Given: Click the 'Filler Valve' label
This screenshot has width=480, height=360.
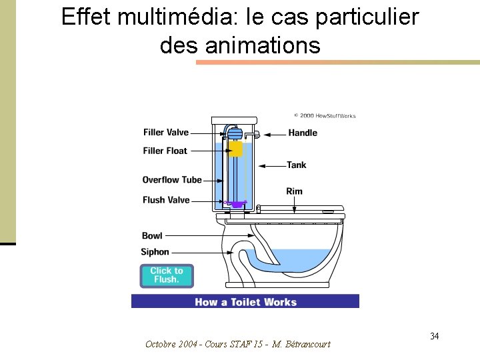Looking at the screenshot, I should pyautogui.click(x=166, y=133).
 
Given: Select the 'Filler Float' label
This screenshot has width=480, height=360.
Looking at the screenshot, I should pyautogui.click(x=165, y=151).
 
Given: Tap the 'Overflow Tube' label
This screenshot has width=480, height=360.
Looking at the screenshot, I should pyautogui.click(x=171, y=180).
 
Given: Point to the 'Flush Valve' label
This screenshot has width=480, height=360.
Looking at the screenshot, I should pyautogui.click(x=166, y=200).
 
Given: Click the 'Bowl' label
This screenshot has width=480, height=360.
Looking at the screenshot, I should pyautogui.click(x=152, y=235).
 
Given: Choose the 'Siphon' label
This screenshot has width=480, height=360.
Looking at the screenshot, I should pyautogui.click(x=155, y=252).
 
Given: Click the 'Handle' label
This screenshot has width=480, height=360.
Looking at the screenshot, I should pyautogui.click(x=303, y=133).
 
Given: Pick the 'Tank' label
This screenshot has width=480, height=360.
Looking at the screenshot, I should pyautogui.click(x=297, y=165).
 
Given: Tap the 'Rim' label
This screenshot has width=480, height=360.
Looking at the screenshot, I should pyautogui.click(x=294, y=191).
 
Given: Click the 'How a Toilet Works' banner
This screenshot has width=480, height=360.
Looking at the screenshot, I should pyautogui.click(x=245, y=302).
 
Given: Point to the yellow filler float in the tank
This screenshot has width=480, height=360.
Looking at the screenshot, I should pyautogui.click(x=235, y=148).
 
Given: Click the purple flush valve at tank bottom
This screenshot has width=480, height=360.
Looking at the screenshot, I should pyautogui.click(x=236, y=203).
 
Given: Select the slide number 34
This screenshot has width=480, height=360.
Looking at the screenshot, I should pyautogui.click(x=434, y=335).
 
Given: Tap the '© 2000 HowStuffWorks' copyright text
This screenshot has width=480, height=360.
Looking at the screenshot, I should pyautogui.click(x=325, y=116).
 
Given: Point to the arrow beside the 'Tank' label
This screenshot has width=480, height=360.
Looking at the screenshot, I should pyautogui.click(x=272, y=165).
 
